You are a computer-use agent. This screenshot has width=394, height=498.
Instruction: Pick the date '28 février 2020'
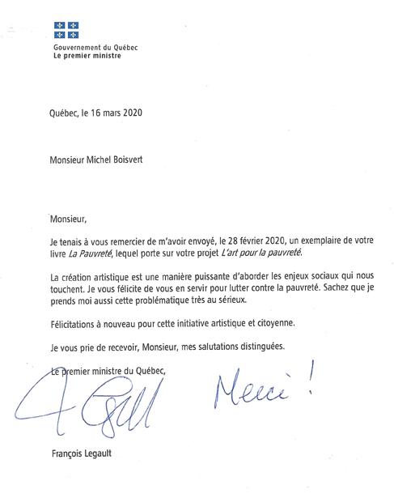click(252, 241)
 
